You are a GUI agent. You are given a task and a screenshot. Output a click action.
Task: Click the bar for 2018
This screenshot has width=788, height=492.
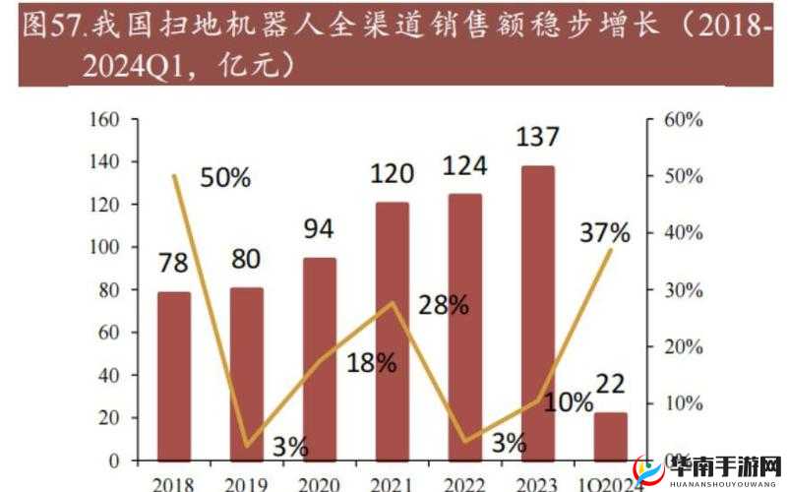(174, 376)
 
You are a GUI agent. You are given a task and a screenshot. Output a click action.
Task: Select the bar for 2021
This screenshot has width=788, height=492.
(393, 331)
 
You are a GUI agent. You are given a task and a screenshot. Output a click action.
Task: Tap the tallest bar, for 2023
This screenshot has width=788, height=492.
(537, 313)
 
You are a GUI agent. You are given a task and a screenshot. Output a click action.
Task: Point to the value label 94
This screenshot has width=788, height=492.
(319, 229)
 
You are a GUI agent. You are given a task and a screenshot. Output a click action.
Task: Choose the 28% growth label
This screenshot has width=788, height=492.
(443, 305)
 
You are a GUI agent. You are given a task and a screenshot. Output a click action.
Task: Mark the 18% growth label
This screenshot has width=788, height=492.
(371, 362)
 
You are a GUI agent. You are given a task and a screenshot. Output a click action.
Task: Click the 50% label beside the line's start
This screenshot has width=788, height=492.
(225, 177)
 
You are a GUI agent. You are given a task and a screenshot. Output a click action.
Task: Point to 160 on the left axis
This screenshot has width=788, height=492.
(103, 119)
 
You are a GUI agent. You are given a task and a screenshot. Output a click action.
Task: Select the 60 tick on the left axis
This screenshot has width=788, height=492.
(107, 333)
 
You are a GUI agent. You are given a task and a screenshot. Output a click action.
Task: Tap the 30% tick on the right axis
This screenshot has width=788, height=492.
(680, 290)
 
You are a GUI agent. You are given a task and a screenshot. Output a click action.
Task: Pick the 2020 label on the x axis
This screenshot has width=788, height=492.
(319, 483)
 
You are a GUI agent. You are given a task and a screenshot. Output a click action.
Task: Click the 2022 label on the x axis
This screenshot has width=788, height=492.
(464, 483)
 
